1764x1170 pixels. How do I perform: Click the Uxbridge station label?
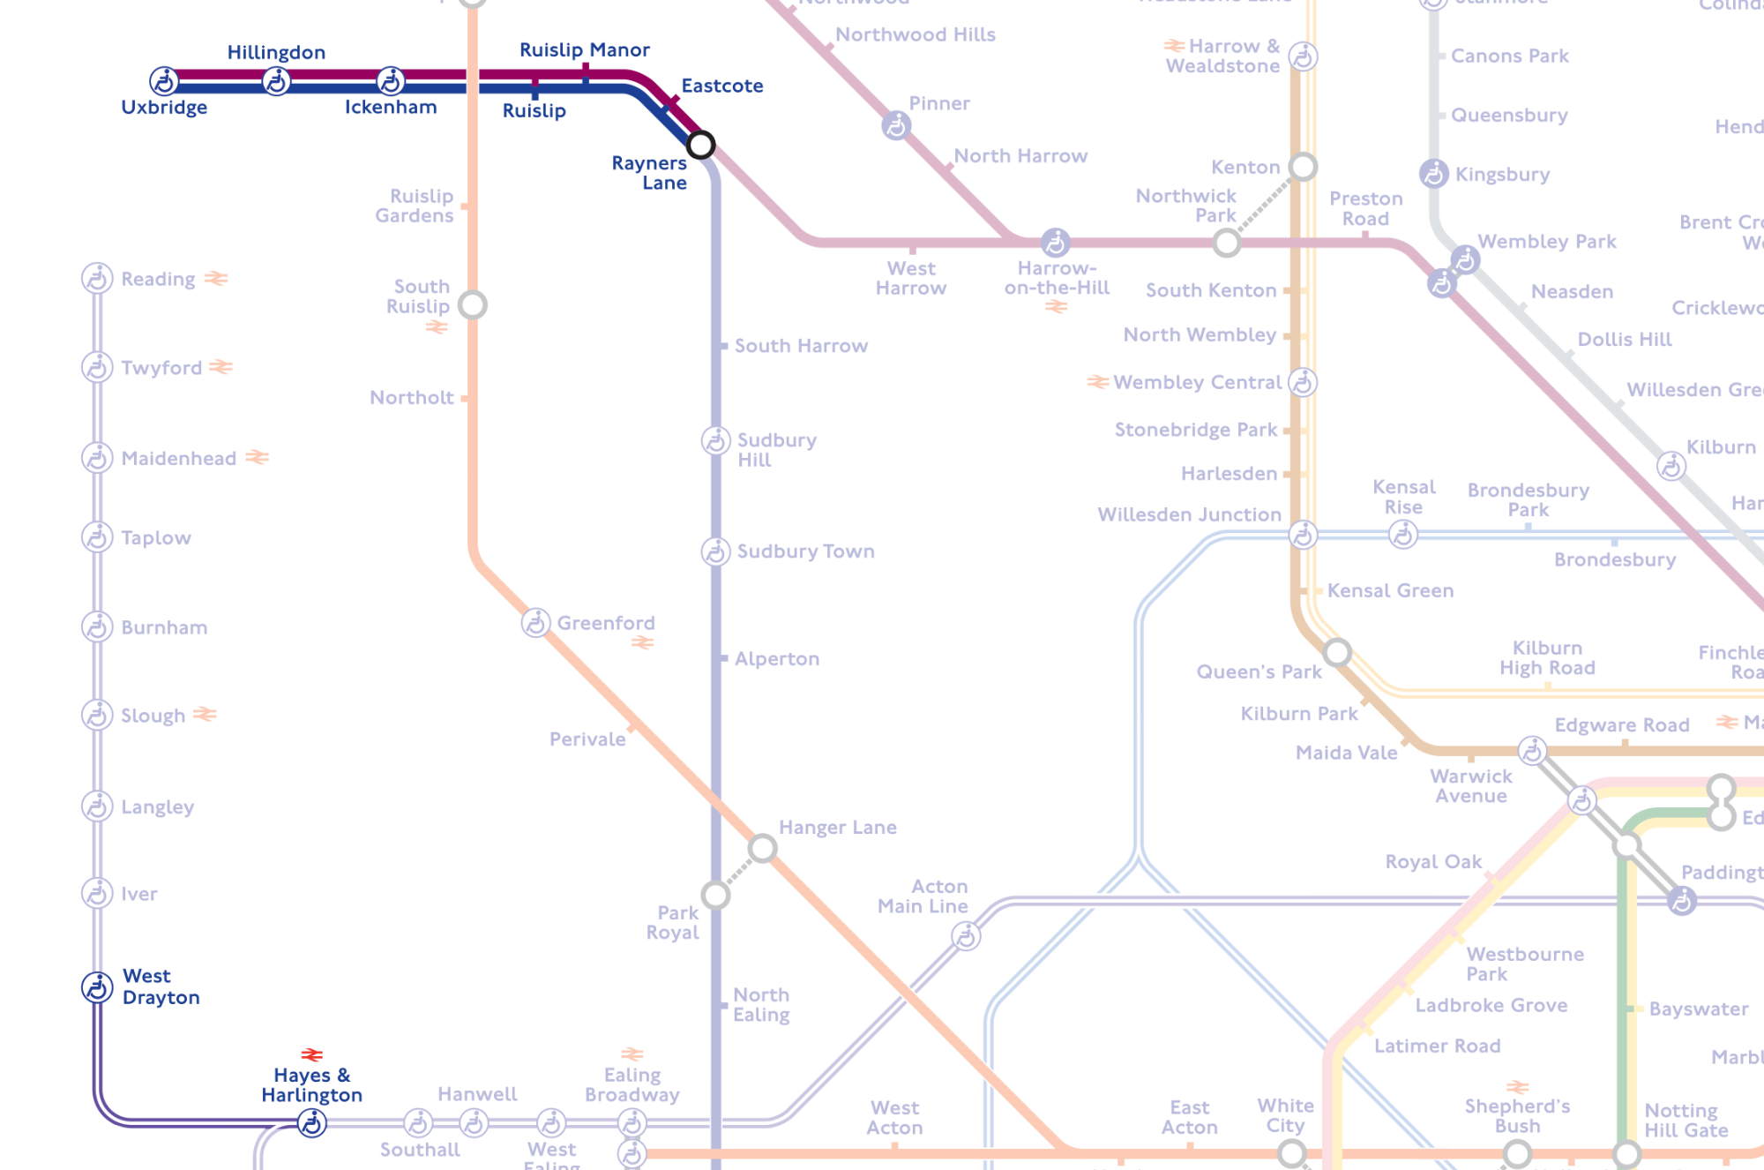[x=164, y=108]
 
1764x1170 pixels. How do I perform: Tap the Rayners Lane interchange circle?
[x=700, y=145]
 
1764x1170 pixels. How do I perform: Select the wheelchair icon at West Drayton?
[x=97, y=987]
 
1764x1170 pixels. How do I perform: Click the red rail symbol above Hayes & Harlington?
[x=311, y=1054]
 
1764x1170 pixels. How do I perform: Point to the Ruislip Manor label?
[x=584, y=50]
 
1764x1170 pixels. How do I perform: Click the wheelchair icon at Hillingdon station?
[x=277, y=82]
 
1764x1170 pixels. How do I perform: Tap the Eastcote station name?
[x=721, y=86]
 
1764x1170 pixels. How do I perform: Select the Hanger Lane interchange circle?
[x=762, y=849]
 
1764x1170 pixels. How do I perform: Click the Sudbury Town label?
[x=805, y=551]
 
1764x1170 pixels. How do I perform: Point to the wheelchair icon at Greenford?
[x=535, y=623]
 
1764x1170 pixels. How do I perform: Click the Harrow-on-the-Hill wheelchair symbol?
[x=1055, y=242]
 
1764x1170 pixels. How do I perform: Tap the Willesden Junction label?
[x=1188, y=514]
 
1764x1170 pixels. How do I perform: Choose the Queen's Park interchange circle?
[x=1337, y=652]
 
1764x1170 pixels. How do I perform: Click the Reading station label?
[x=158, y=280]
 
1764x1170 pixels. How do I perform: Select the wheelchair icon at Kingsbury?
[x=1433, y=174]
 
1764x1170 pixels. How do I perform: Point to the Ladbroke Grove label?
[x=1491, y=1006]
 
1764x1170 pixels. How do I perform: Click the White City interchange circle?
[x=1291, y=1152]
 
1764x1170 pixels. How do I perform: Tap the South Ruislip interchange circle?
[x=473, y=305]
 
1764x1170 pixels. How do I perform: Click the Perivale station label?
[x=587, y=739]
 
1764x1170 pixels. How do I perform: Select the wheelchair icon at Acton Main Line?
[x=966, y=936]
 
